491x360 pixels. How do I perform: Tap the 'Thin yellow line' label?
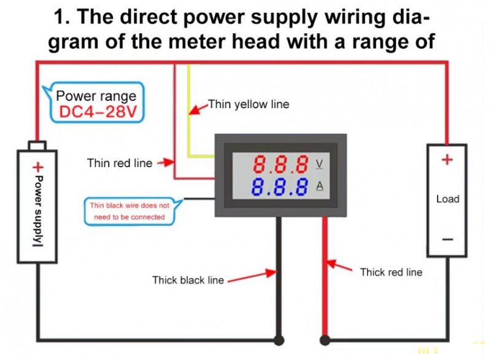point(248,104)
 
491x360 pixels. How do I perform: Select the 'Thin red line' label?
point(120,163)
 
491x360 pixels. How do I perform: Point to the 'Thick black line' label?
point(188,280)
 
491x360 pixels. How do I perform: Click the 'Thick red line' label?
point(391,272)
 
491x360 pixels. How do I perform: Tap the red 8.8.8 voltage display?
point(280,165)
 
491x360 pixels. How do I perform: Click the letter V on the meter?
point(319,165)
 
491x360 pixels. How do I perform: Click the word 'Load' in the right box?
point(447,199)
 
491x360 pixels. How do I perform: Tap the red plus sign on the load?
point(447,160)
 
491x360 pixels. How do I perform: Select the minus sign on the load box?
point(447,239)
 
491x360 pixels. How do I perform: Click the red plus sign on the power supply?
point(38,166)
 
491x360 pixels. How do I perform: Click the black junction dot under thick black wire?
point(279,340)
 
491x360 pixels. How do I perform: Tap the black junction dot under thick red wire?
point(325,340)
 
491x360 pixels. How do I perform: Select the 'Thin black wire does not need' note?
point(130,211)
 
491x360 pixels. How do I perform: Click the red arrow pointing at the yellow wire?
point(198,110)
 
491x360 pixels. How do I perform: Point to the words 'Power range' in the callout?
point(96,96)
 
